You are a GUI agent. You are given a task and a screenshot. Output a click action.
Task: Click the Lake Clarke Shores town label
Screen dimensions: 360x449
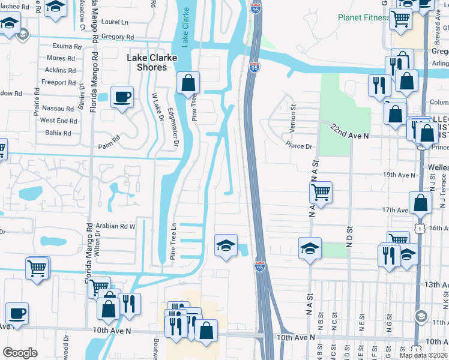(x=146, y=62)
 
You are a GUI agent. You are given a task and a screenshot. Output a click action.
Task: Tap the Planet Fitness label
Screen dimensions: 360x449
(x=363, y=17)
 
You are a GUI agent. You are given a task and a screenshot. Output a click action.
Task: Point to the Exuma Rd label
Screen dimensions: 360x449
(x=67, y=46)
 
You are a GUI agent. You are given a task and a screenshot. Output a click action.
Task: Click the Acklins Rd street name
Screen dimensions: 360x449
(x=60, y=70)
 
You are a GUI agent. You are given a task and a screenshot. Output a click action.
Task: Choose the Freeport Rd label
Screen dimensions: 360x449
(x=58, y=82)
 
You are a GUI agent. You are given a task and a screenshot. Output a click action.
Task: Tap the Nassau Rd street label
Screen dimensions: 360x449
(x=58, y=109)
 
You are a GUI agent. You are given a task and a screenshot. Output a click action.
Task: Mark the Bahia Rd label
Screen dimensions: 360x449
(x=58, y=132)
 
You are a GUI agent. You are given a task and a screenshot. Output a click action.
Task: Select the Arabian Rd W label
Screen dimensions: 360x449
(x=120, y=226)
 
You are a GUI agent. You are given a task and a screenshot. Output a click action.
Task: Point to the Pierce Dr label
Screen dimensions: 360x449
(x=299, y=146)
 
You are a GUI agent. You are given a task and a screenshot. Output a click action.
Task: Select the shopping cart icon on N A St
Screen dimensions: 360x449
(x=321, y=193)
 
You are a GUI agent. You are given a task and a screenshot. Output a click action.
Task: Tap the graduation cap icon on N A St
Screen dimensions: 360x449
(x=310, y=248)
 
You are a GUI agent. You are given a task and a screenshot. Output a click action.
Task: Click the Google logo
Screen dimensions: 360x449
(x=20, y=353)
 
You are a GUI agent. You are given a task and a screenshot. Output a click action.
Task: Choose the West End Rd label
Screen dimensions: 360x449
(x=58, y=120)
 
